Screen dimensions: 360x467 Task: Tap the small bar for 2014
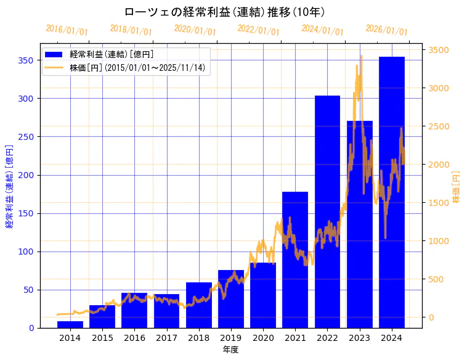70,324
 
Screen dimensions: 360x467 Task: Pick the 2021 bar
295,260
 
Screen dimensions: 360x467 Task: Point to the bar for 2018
198,305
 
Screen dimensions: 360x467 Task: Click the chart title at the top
224,12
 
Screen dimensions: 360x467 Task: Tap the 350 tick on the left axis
25,60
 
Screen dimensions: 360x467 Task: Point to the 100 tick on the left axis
25,252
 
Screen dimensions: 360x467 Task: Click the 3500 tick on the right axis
439,50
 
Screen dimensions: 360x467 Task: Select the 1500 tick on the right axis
439,203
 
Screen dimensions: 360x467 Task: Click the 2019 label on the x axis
230,338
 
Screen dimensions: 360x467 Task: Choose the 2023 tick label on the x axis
359,338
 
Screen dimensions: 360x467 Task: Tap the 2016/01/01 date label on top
67,30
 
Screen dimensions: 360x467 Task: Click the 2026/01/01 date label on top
386,30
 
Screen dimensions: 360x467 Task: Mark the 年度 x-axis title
230,350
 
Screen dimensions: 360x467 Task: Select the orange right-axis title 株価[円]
457,187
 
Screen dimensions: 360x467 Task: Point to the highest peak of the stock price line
361,56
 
